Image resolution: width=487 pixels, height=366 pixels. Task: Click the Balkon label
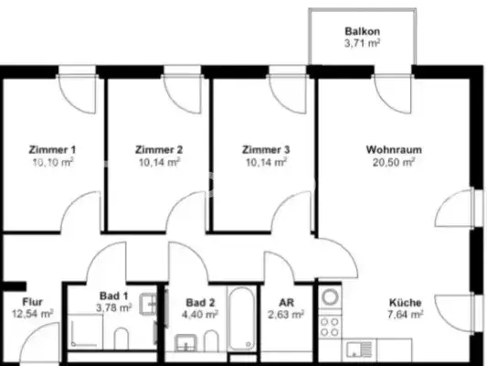[x=362, y=29]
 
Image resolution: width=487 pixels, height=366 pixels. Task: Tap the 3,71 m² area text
[x=362, y=41]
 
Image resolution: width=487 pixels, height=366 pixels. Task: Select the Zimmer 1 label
[x=53, y=149]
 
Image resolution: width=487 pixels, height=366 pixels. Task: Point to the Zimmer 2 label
[x=160, y=149]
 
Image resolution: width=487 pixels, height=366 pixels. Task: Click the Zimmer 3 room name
[x=266, y=149]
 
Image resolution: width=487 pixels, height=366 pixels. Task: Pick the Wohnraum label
[x=394, y=149]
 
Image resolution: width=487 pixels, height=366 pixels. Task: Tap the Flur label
[x=33, y=301]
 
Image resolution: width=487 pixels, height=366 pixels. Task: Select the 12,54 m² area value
[x=33, y=313]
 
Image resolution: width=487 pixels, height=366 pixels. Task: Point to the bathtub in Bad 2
[x=240, y=320]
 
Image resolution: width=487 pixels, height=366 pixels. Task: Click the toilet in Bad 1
[x=121, y=341]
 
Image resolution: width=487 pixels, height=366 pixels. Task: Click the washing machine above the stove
[x=330, y=297]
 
